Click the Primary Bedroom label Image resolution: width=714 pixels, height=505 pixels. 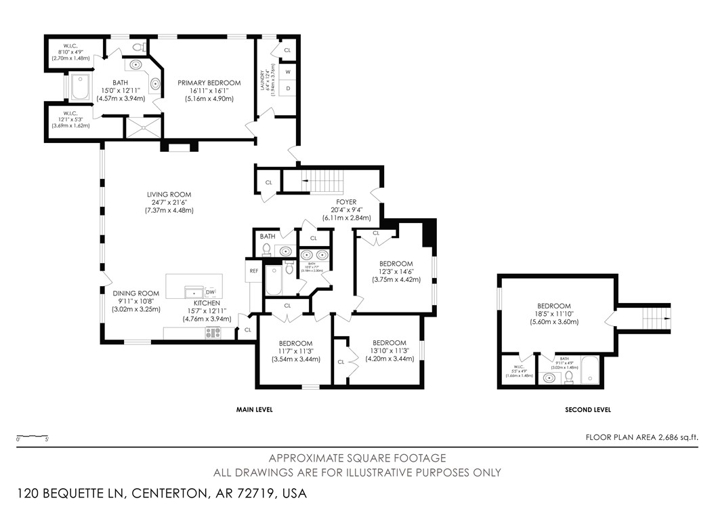[209, 83]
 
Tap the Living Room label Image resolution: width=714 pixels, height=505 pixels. [169, 195]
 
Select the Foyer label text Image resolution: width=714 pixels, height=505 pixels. [343, 202]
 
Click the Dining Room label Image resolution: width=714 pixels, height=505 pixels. [135, 294]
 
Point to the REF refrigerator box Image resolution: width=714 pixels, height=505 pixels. [253, 270]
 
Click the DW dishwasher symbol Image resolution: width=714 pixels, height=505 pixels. [210, 291]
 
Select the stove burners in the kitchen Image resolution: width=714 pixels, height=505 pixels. [213, 332]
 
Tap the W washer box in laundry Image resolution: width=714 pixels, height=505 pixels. [288, 72]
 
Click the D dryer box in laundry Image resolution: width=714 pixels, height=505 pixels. [288, 88]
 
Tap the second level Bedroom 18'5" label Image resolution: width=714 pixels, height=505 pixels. [553, 306]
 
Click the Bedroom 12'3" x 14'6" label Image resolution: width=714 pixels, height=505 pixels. [396, 264]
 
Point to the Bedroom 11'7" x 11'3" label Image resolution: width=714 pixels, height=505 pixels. [295, 343]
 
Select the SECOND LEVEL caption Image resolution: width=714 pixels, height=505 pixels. [587, 409]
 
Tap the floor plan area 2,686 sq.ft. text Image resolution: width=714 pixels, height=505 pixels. [641, 437]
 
